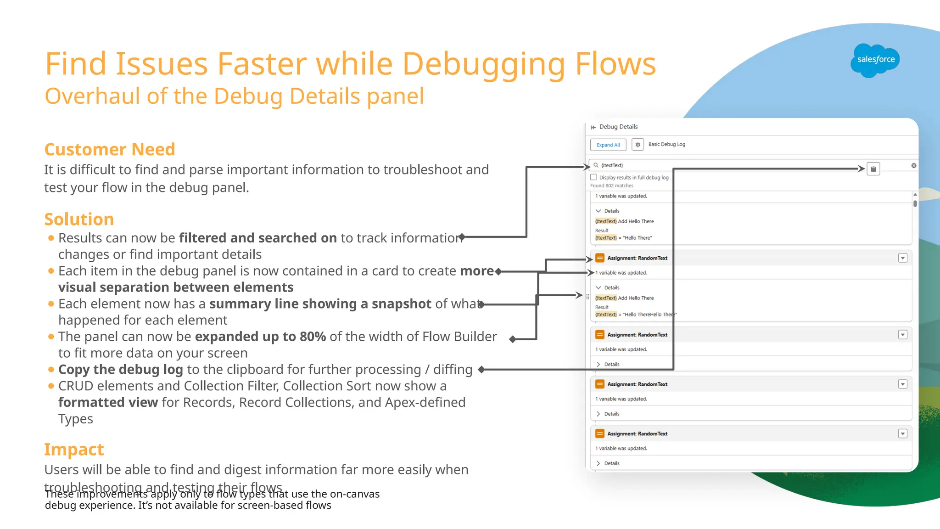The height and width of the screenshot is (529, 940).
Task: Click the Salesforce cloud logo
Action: tap(875, 60)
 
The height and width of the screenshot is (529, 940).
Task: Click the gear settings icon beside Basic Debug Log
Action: tap(638, 145)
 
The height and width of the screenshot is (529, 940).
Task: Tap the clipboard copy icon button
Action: tap(873, 169)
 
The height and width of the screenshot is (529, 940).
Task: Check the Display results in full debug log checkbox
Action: tap(593, 177)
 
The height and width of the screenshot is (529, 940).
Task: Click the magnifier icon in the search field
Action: tap(596, 165)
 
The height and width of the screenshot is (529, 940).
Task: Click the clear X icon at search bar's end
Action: tap(913, 165)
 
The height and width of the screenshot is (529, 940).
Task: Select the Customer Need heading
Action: tap(110, 150)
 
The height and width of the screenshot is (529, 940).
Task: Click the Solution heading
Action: tap(79, 219)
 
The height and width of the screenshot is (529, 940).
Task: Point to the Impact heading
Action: tap(74, 450)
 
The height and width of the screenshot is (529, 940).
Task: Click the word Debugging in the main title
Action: tap(483, 64)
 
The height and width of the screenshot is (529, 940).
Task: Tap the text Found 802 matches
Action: tap(611, 186)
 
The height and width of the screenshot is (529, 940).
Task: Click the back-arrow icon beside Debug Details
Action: tap(593, 127)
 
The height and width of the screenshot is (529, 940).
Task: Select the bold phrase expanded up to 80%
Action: tap(260, 337)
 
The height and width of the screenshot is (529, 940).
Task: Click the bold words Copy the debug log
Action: tap(121, 370)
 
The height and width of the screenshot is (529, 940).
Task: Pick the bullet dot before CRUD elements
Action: tap(51, 386)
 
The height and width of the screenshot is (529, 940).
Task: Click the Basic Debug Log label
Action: tap(666, 145)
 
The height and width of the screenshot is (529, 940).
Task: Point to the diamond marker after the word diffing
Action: tap(481, 370)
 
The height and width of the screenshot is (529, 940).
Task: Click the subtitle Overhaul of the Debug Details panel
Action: tap(234, 96)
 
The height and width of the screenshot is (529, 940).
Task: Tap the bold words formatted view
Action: tap(108, 403)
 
